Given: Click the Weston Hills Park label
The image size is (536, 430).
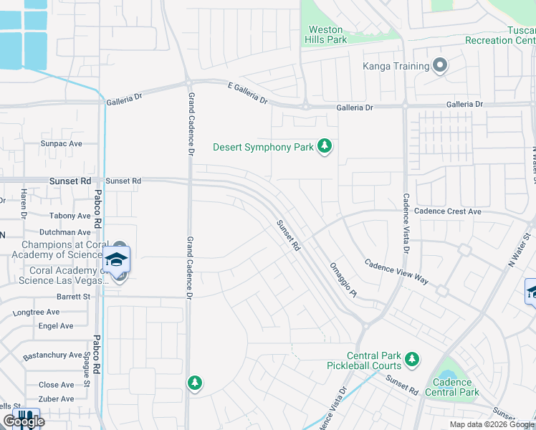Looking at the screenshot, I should click(326, 34).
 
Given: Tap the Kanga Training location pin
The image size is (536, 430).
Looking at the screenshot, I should click(440, 67).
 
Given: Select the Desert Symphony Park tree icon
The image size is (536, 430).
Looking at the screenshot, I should click(325, 147).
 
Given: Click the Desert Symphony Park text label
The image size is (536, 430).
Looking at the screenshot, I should click(263, 148).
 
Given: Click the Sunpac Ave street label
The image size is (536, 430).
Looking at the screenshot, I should click(62, 143).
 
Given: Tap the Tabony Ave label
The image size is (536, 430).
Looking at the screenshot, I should click(70, 215).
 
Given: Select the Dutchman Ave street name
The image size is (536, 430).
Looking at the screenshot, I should click(64, 232).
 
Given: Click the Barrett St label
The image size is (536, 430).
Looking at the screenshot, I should click(74, 296).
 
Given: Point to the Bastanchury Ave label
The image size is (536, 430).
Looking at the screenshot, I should click(52, 355).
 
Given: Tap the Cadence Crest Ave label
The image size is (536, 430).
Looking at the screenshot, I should click(448, 211).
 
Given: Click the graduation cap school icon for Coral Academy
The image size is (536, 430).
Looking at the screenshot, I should click(117, 260).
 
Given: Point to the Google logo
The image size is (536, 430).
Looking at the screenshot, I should click(24, 421).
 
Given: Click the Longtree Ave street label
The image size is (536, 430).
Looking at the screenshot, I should click(36, 312).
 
